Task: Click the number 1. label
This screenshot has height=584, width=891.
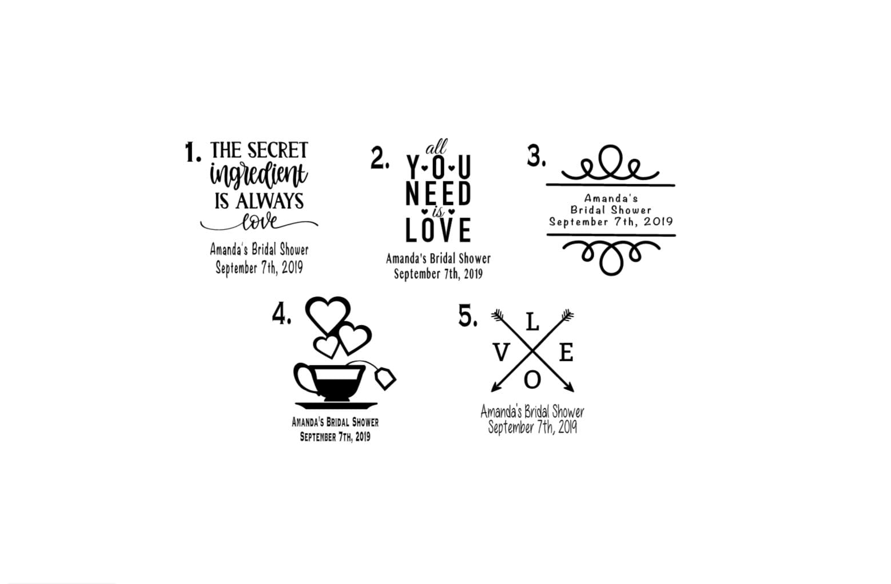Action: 193,153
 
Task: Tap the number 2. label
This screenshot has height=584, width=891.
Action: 379,158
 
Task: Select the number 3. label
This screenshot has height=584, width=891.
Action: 536,156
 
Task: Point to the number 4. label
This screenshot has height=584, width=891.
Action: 281,314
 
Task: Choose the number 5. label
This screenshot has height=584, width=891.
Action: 467,316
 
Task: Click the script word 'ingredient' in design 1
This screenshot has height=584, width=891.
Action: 258,175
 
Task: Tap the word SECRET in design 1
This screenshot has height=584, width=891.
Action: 278,151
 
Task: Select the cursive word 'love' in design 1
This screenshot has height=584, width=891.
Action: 258,222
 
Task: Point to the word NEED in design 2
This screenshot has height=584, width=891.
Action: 438,194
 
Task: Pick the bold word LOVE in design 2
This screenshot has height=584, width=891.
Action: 438,230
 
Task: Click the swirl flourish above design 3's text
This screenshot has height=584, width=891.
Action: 610,163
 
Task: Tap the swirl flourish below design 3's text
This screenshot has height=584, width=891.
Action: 611,256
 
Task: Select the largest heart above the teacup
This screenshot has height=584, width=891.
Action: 328,314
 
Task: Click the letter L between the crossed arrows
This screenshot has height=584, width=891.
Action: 532,323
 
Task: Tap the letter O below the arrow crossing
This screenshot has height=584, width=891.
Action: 532,379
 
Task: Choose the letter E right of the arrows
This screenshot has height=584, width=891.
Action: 566,353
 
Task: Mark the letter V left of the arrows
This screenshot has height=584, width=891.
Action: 500,354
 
